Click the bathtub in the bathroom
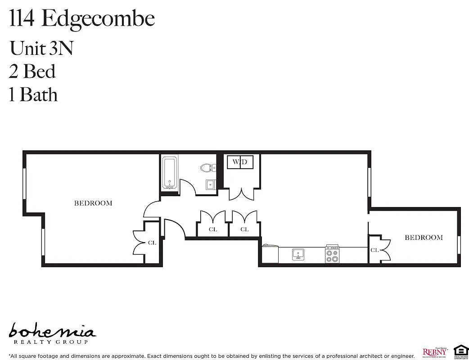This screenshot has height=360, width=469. point(170,173)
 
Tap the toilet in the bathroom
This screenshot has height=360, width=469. point(207,168)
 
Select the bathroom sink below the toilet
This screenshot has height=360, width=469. point(210,184)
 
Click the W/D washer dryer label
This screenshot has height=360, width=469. point(240,162)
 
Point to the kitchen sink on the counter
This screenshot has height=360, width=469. point(298,255)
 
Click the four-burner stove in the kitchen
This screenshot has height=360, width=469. point(333,255)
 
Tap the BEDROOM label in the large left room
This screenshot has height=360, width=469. point(93,203)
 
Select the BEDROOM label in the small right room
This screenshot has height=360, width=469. point(424,237)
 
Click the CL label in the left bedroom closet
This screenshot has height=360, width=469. point(152,243)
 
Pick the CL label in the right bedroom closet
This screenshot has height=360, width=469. point(374,250)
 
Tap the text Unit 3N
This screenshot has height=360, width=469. point(41,48)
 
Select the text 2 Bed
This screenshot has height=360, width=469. point(32,72)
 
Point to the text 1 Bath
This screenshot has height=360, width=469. point(34,95)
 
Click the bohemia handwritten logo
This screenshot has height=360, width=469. point(52,331)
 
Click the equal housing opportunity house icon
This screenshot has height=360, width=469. point(460,350)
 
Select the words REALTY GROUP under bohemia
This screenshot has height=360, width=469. point(50,342)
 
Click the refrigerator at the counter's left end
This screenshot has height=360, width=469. point(271,254)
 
